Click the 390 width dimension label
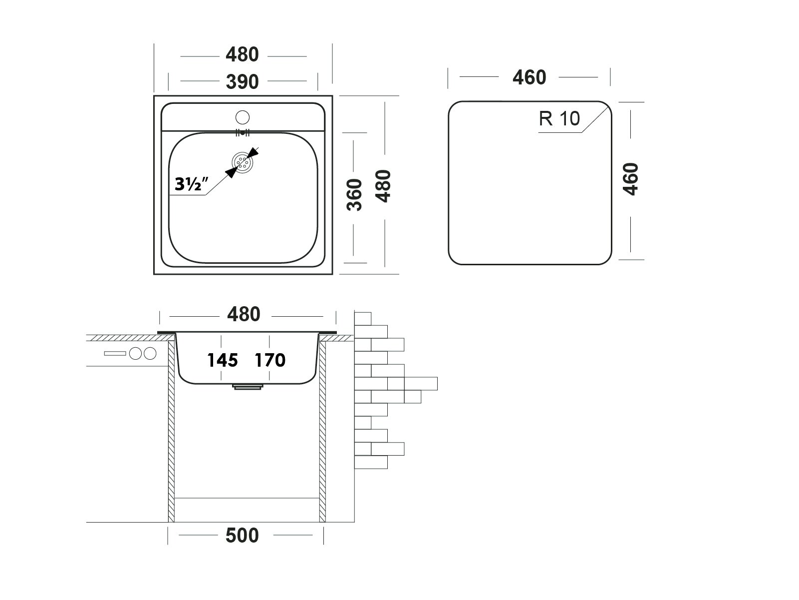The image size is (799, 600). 243,81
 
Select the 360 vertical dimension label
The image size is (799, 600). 354,194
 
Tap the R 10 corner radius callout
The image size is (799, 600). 559,119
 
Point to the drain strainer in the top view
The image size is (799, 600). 243,162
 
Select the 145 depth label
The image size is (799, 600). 223,360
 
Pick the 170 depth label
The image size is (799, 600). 270,360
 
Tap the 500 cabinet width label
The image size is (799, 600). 243,536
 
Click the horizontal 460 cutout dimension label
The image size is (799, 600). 530,77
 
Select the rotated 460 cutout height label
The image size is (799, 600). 631,179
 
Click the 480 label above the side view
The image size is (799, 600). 244,314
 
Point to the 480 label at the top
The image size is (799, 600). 243,54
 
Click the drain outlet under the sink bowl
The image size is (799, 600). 248,387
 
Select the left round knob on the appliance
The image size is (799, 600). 136,354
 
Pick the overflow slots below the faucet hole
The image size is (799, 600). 242,133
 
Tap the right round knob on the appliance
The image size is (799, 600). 150,354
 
